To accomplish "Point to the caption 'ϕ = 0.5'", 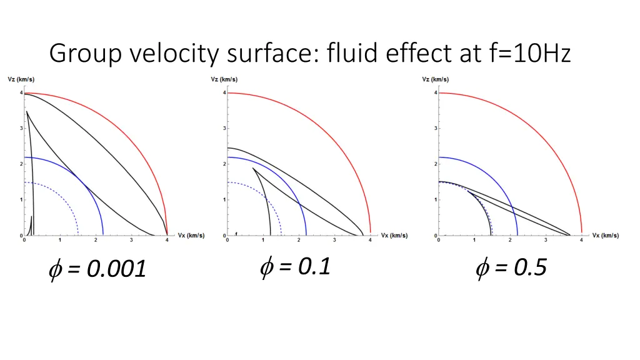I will click(511, 268).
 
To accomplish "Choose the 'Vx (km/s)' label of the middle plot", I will click(394, 236).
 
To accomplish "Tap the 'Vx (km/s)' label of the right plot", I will click(606, 236).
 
